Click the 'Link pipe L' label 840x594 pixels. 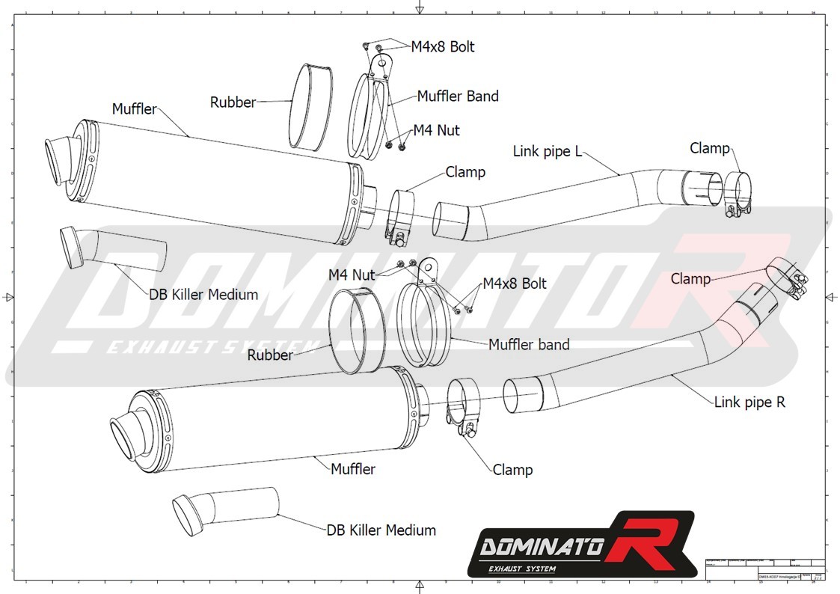[547, 151]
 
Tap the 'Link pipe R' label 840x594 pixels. [749, 402]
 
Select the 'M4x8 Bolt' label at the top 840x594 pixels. [443, 46]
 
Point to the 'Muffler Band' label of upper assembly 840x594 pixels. [458, 96]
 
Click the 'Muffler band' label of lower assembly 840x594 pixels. [529, 345]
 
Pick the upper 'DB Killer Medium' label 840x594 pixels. [203, 295]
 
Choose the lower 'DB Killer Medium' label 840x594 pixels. [381, 530]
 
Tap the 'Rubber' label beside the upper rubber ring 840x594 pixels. [233, 102]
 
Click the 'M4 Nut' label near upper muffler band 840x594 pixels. [437, 130]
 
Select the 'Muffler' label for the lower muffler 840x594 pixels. [353, 469]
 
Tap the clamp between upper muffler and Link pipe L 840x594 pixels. [401, 217]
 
